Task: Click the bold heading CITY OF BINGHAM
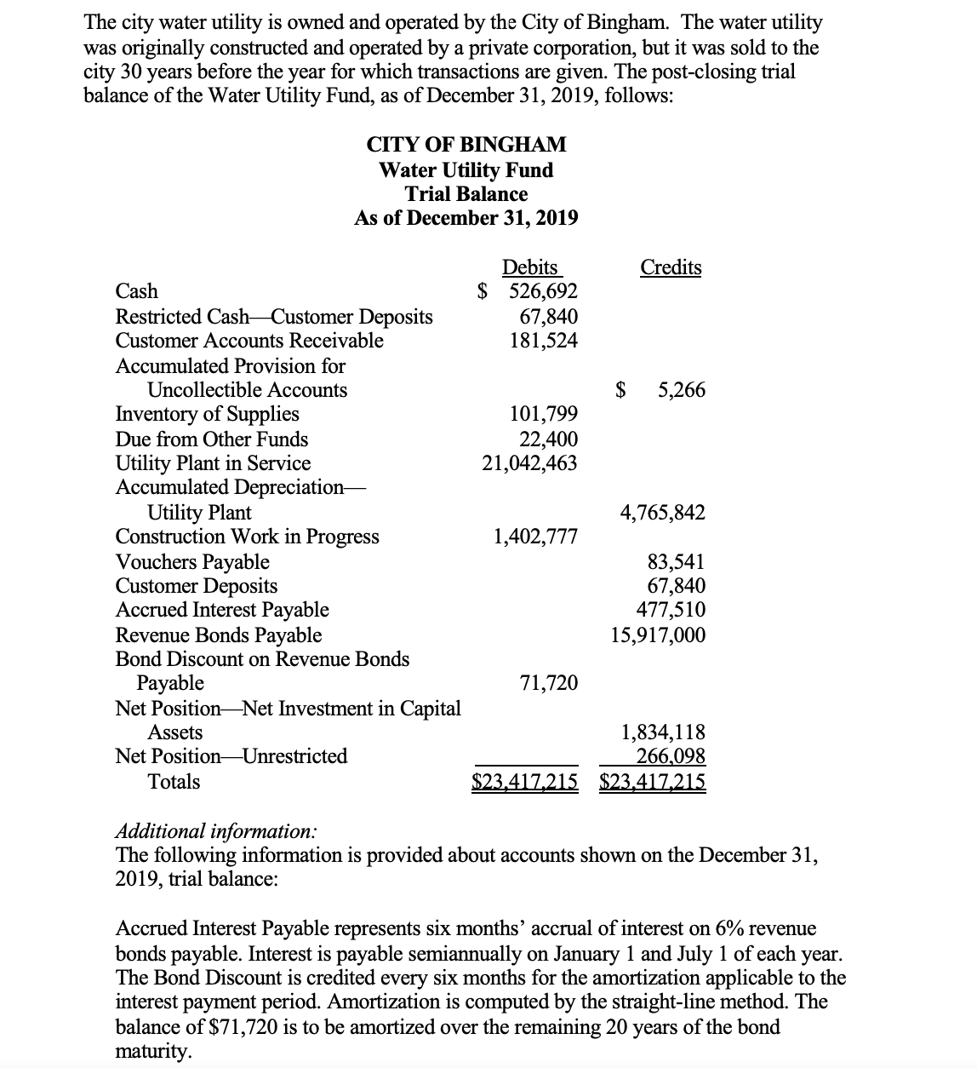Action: coord(466,145)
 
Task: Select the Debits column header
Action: coord(529,267)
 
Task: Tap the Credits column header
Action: coord(671,267)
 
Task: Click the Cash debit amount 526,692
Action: coord(543,291)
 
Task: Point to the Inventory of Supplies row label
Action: coord(207,414)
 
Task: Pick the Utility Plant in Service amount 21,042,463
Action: coord(529,463)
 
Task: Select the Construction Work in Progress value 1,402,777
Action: coord(535,537)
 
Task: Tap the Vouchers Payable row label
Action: coord(192,562)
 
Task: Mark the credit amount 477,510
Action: coord(671,610)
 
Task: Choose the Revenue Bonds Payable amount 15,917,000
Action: coord(658,635)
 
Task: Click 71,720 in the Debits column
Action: coord(548,683)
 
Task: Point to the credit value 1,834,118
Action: coord(663,732)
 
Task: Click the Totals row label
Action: coord(174,782)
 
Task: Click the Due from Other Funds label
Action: coord(211,439)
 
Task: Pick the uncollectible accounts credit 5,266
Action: coord(681,390)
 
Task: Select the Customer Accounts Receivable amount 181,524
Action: coord(543,341)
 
